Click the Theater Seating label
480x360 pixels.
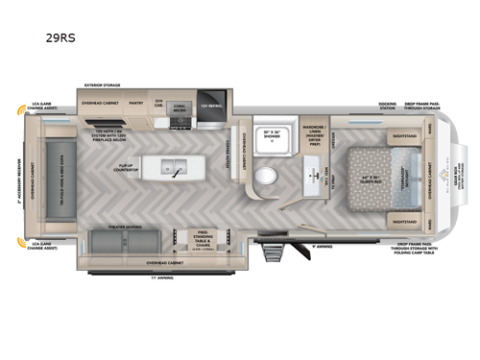(x=126, y=228)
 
